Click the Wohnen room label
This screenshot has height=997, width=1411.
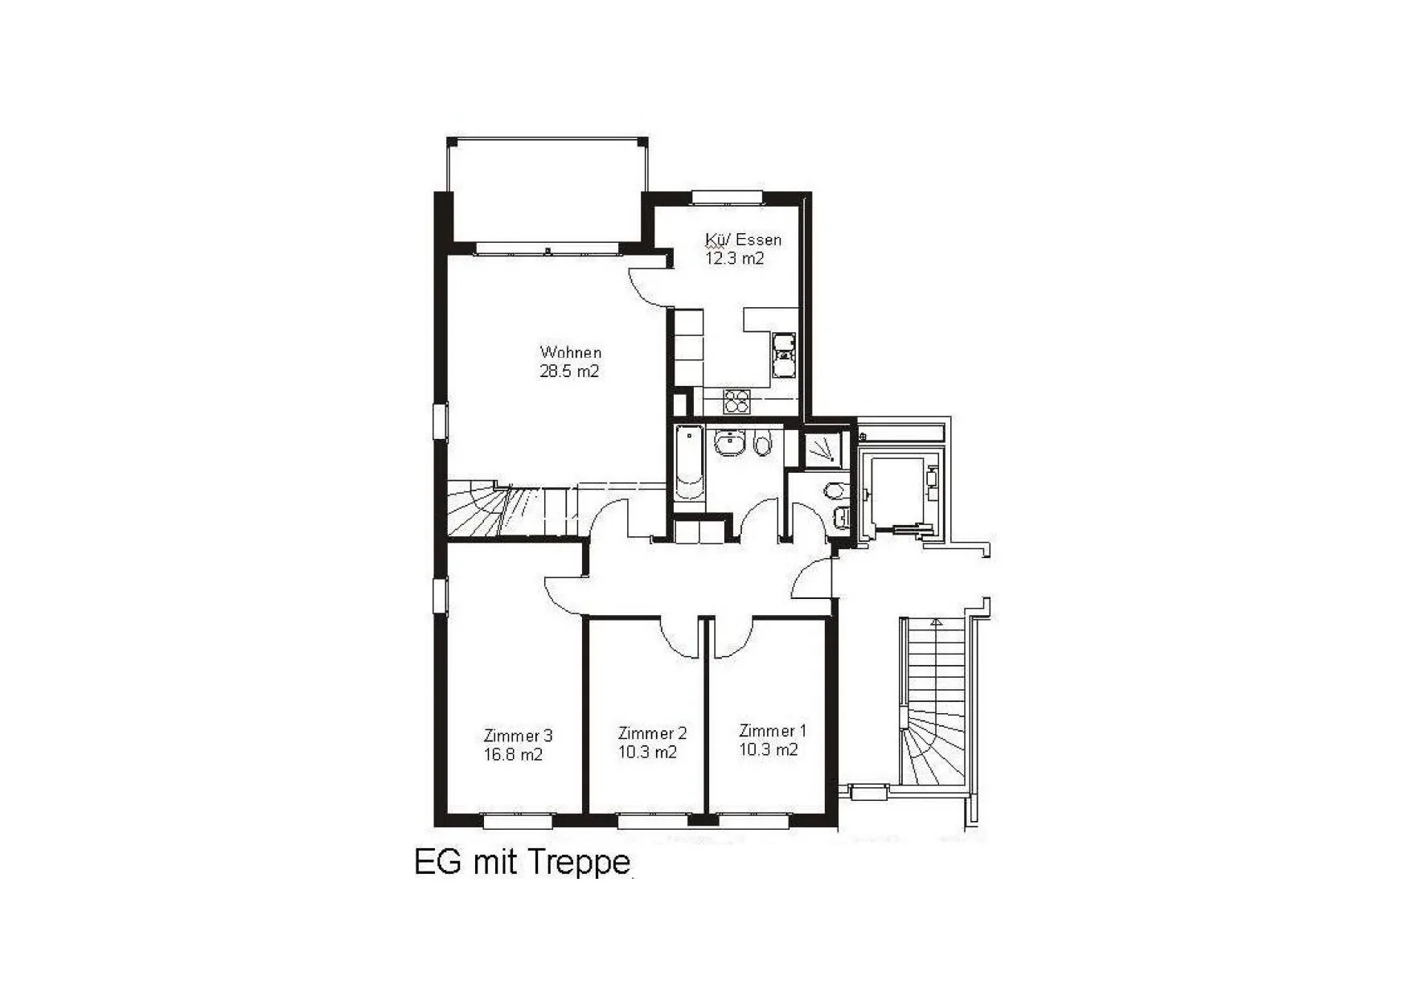(570, 352)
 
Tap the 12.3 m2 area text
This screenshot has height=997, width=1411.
(734, 258)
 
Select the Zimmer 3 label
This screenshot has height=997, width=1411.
(518, 736)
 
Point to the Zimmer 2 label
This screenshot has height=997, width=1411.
(652, 733)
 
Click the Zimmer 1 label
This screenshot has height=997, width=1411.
(772, 731)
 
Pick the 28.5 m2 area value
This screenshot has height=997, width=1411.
(569, 371)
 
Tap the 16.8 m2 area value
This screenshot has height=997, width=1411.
(513, 755)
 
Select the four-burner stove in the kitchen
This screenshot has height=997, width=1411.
(736, 400)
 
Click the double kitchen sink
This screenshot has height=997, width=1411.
(783, 355)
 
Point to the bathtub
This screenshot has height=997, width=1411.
(689, 462)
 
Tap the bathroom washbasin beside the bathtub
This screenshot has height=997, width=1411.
(730, 443)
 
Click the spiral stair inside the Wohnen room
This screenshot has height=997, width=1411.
(498, 508)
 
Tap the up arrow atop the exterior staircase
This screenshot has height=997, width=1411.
(935, 622)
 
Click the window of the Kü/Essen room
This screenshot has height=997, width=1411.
(728, 198)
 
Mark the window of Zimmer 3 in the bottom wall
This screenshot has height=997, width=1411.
(518, 821)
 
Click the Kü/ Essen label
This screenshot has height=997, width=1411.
(743, 240)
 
